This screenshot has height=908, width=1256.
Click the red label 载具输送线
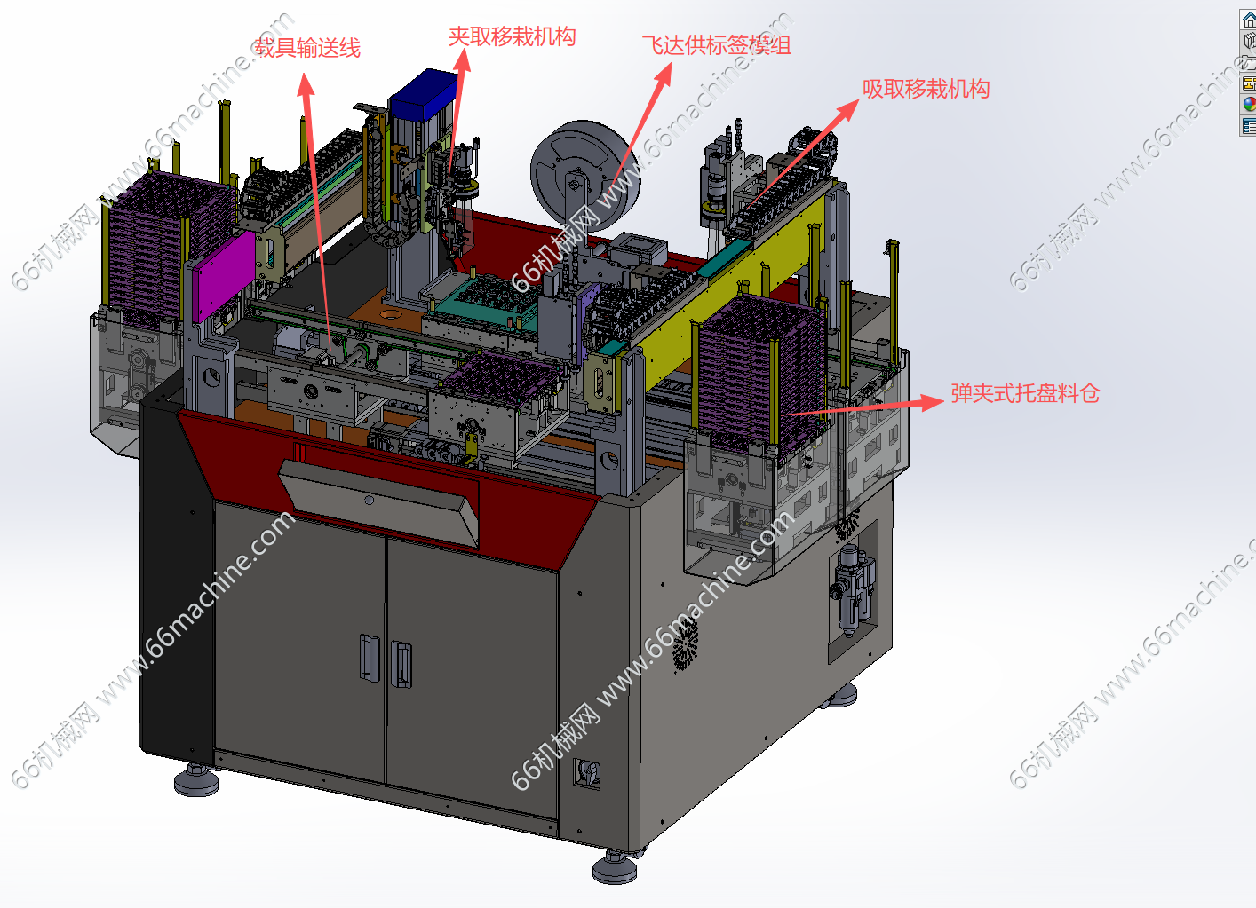click(306, 48)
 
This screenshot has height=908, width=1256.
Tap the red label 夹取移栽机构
click(512, 36)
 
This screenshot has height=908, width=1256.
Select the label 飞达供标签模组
click(716, 44)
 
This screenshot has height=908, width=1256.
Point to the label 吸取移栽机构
click(926, 89)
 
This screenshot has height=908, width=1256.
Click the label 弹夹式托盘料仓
click(1025, 393)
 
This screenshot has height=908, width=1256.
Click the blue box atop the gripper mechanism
click(425, 93)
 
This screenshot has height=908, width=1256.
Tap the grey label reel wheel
click(584, 175)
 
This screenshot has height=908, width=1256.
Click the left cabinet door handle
click(369, 658)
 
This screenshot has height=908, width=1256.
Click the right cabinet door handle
click(401, 664)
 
